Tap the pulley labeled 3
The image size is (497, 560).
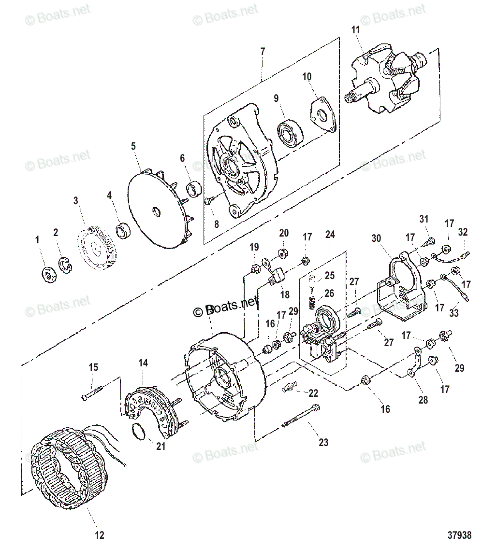98,250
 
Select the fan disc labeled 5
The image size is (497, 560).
157,213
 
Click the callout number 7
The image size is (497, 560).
263,51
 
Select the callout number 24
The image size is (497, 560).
330,235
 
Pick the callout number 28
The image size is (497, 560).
424,400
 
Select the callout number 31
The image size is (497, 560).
424,219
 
